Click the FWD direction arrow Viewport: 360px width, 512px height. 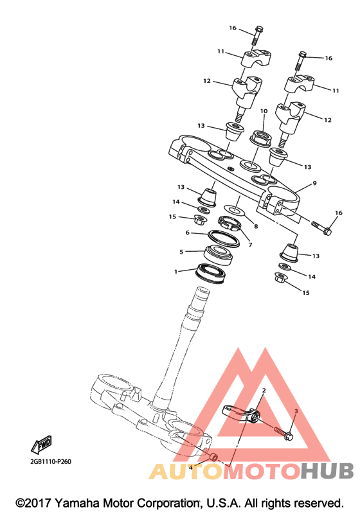[x=42, y=445]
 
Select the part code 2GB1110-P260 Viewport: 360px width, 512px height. [x=51, y=462]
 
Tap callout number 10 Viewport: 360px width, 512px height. [x=264, y=111]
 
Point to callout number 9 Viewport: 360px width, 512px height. [x=314, y=183]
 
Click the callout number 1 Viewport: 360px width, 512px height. [x=175, y=272]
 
